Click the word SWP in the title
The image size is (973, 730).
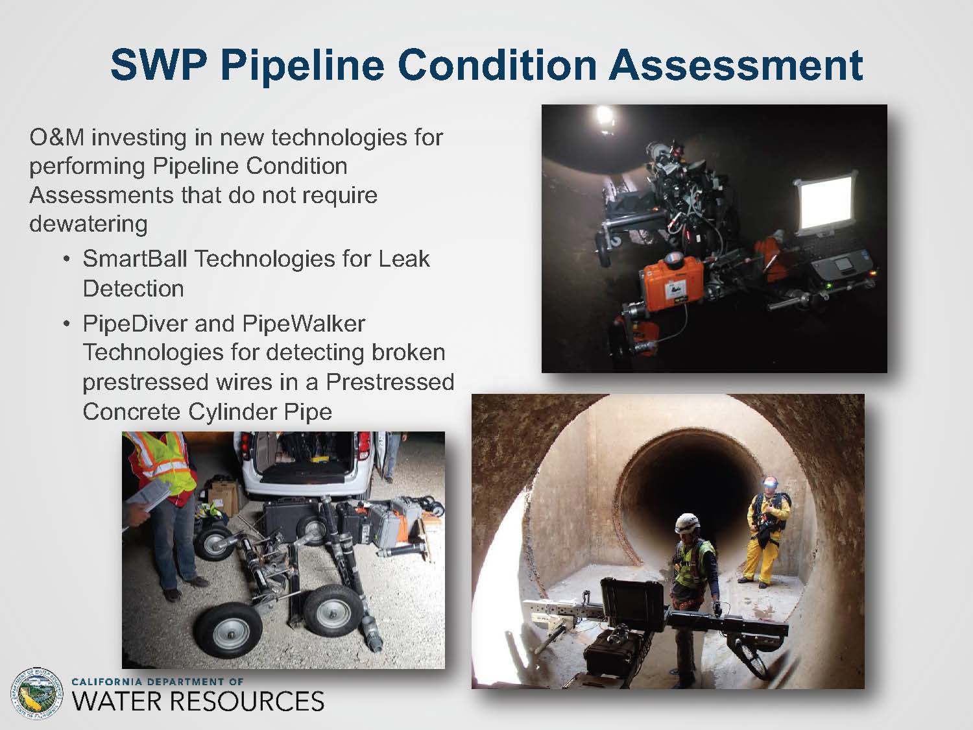(x=158, y=65)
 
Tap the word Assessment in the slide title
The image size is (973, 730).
(x=736, y=65)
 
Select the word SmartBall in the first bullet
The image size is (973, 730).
(x=135, y=258)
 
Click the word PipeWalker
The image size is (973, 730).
(x=304, y=324)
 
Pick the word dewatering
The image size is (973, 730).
(x=88, y=224)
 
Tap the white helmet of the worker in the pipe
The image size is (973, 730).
(x=687, y=523)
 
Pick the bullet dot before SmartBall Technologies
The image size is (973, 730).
(x=67, y=259)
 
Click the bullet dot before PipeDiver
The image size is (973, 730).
(x=67, y=324)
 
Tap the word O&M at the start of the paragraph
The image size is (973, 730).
(x=56, y=137)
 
